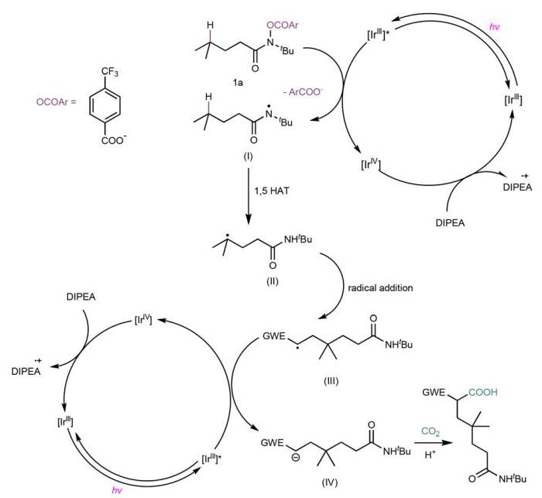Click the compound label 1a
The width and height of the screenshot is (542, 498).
coord(238,83)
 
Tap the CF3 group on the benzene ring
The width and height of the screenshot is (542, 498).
coord(110,72)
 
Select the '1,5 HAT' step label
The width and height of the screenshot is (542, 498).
coord(272,191)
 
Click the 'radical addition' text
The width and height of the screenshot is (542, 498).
coord(380,288)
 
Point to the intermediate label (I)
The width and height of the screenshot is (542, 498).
coord(248,156)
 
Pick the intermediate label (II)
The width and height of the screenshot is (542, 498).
coord(273,281)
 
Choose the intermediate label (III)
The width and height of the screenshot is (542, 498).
coord(331,381)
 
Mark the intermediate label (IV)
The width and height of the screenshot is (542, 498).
coord(329,482)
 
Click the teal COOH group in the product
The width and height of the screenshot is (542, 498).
coord(483,392)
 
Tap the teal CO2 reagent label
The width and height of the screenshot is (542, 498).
coord(431,431)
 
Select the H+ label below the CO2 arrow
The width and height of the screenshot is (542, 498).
coord(430,455)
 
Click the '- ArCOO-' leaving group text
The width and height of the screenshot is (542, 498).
coord(303,92)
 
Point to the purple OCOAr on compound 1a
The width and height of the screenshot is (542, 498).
coord(283,26)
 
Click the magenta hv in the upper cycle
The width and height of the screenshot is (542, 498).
coord(495,26)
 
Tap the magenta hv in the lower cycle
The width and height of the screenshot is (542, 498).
coord(117,490)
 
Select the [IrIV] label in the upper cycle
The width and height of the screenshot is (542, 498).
coord(371,163)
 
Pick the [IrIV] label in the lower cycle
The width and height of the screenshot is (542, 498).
coord(143,320)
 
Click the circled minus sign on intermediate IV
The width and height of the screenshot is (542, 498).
coord(297,458)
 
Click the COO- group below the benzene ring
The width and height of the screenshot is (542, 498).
coord(112,140)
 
